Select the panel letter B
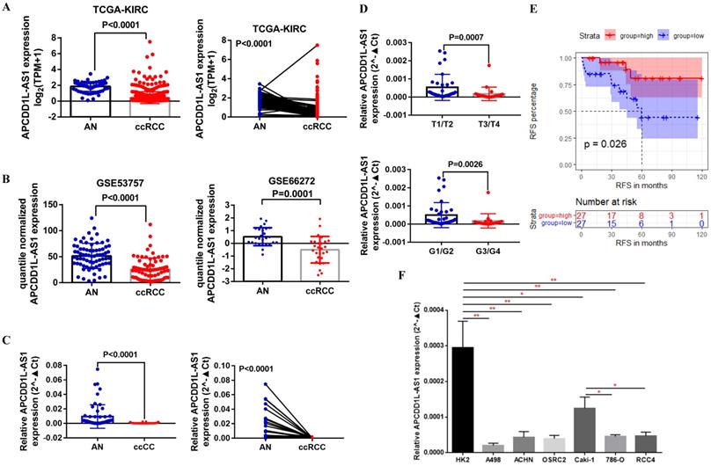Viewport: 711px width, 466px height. pos(8,181)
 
